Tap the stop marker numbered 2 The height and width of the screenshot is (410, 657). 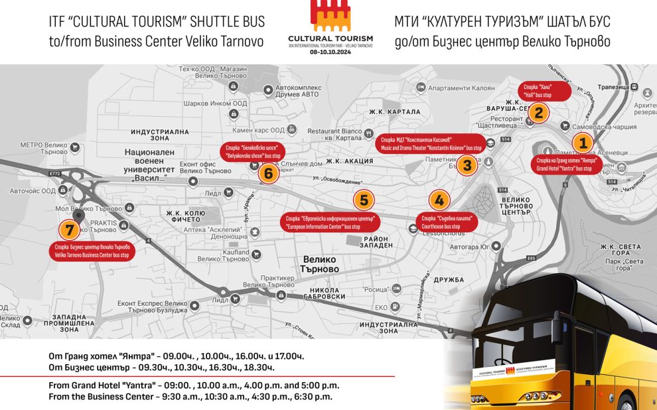[x=539, y=113]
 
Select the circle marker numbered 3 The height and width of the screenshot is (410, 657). [x=467, y=165]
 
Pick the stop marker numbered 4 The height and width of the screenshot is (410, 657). [x=438, y=200]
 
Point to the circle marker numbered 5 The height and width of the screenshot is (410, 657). [x=363, y=200]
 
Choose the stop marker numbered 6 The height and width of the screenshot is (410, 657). [x=268, y=174]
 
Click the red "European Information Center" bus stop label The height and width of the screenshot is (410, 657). [x=330, y=222]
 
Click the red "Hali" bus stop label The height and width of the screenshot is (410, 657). [x=543, y=91]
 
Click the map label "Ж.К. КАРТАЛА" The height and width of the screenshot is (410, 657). [x=395, y=111]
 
